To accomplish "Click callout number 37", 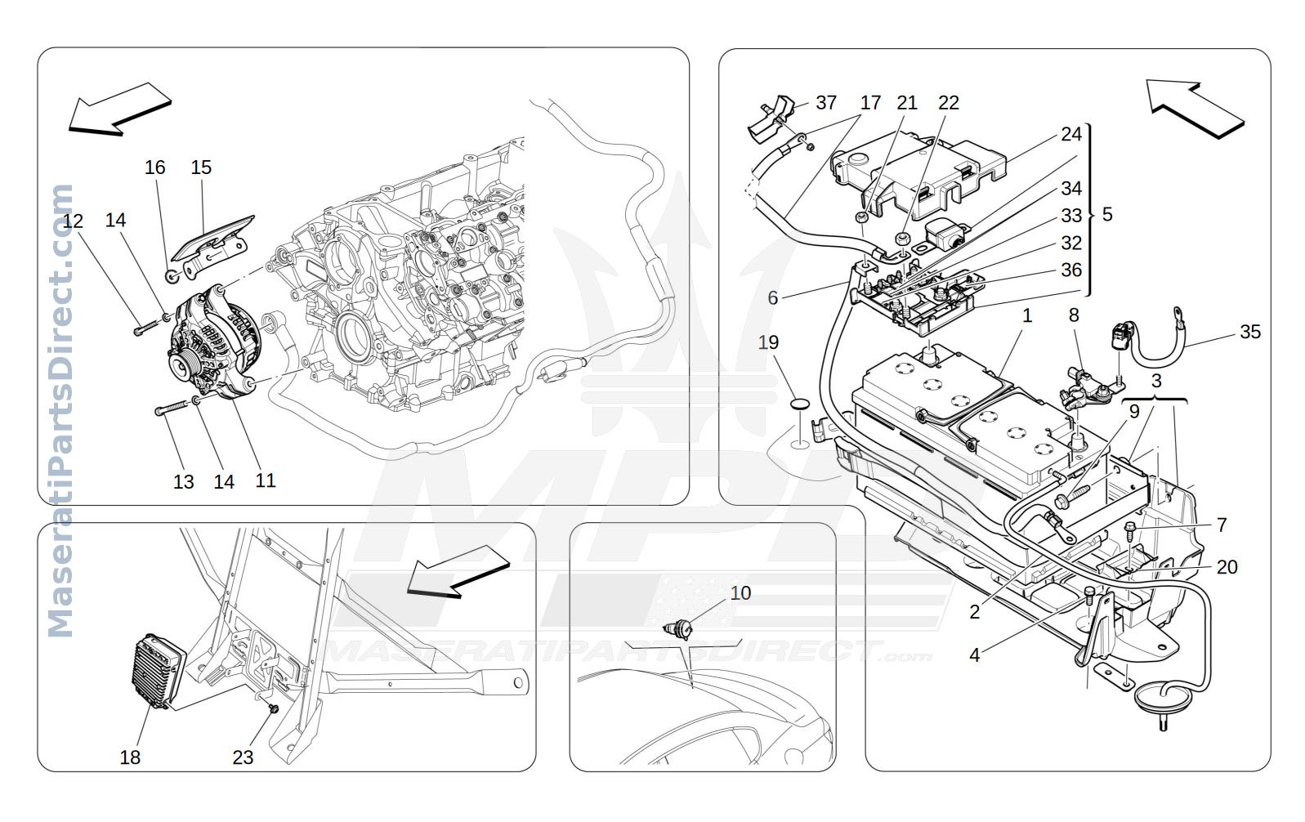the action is point(825,103).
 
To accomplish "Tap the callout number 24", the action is point(1070,135).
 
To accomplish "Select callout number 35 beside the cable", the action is point(1249,332).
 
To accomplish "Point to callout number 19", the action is point(768,342).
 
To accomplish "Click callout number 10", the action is point(740,593).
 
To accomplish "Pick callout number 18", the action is point(130,757).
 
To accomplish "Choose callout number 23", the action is point(243,757).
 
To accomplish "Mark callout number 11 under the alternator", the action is point(265,480).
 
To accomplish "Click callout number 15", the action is point(201,168).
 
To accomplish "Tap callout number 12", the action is point(73,221).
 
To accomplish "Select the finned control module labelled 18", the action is point(158,671).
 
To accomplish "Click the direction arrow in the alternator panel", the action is point(120,109).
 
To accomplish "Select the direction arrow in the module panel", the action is point(458,571).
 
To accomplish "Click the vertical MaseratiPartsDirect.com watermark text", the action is point(60,411).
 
